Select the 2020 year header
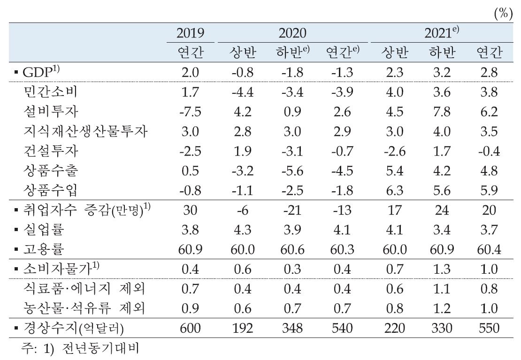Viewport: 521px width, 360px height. pyautogui.click(x=292, y=33)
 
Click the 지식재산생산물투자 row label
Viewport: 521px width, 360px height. pyautogui.click(x=85, y=131)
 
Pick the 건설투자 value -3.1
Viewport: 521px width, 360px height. pyautogui.click(x=292, y=151)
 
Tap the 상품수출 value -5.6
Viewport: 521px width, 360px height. pyautogui.click(x=292, y=171)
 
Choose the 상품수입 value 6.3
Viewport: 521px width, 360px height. pyautogui.click(x=393, y=190)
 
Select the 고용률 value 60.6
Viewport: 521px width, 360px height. pyautogui.click(x=292, y=249)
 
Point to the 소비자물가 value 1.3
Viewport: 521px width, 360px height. pyautogui.click(x=442, y=269)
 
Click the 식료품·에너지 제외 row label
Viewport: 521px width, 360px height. pyautogui.click(x=84, y=288)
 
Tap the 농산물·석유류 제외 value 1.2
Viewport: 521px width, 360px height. pyautogui.click(x=442, y=307)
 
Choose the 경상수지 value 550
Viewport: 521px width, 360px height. pyautogui.click(x=489, y=328)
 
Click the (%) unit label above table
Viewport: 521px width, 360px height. pyautogui.click(x=503, y=14)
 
